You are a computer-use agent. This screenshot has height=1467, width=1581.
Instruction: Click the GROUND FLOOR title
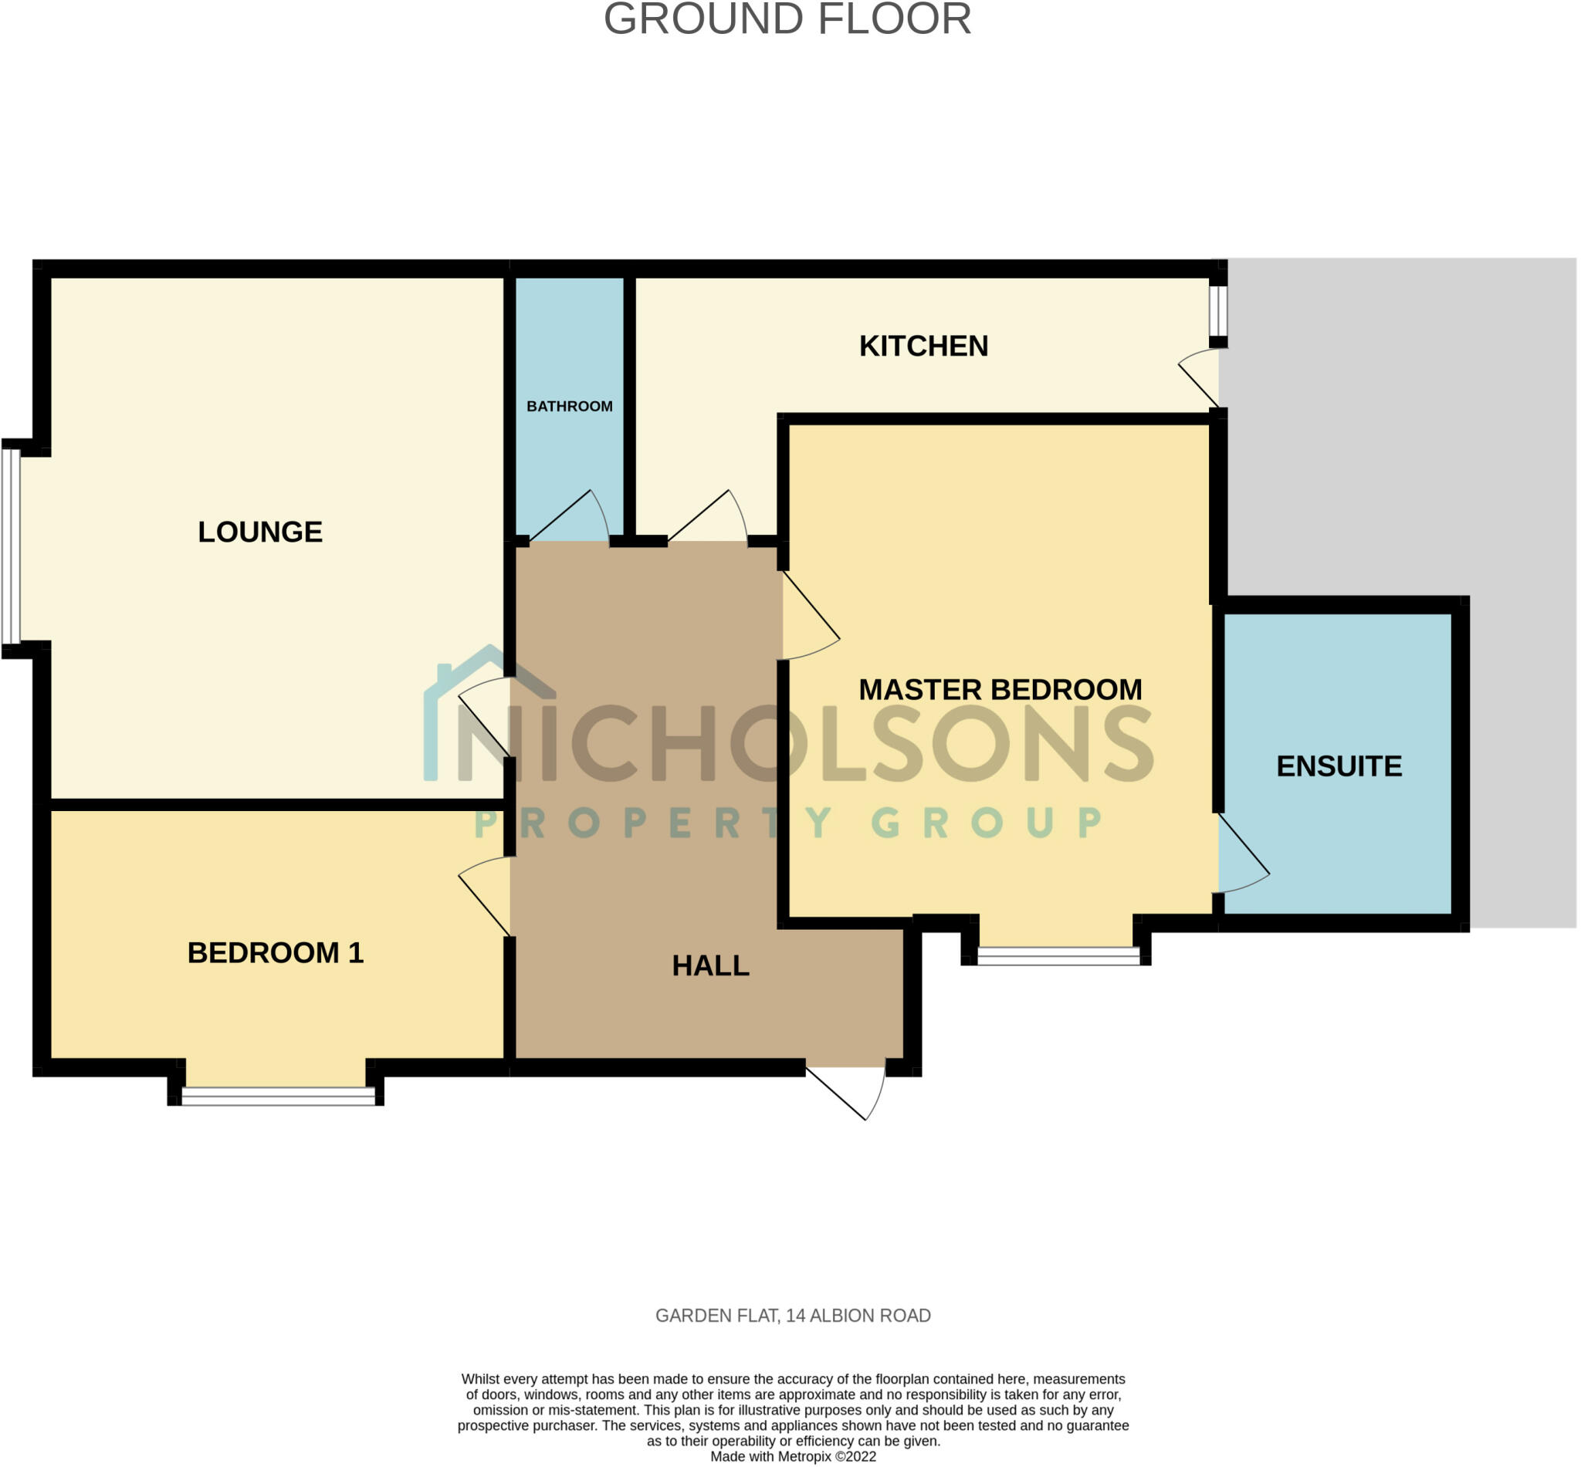coord(787,19)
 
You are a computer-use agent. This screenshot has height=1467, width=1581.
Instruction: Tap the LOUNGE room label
coord(259,532)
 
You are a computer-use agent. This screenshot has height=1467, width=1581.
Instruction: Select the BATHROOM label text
coord(570,407)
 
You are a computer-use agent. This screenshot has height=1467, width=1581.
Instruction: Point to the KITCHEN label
coord(923,346)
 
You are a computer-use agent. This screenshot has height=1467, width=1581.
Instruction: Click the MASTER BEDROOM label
coord(1000,689)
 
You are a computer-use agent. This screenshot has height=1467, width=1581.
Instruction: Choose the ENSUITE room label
coord(1338,766)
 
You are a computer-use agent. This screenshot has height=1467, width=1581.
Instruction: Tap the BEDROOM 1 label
coord(275,952)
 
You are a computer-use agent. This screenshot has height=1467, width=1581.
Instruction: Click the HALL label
coord(710,965)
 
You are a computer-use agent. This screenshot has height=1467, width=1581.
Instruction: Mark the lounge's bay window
coord(10,546)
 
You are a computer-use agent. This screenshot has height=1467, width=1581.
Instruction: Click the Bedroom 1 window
coord(277,1096)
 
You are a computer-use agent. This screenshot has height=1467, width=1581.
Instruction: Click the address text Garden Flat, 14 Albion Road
coord(793,1316)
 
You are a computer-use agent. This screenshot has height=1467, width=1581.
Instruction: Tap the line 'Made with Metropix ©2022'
coord(793,1457)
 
